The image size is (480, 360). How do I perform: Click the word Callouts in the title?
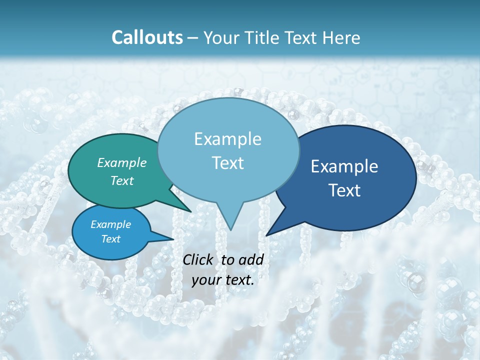[147, 37]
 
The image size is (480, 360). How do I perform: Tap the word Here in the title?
[341, 37]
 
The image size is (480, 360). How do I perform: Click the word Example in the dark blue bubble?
[344, 166]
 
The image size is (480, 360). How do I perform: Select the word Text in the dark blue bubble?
[344, 190]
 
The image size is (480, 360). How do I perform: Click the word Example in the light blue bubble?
[227, 139]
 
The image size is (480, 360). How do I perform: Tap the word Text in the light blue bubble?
[227, 163]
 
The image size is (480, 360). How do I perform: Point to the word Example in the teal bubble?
[122, 162]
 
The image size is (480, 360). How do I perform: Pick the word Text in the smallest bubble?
[111, 239]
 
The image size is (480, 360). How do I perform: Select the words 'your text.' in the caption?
[223, 280]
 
